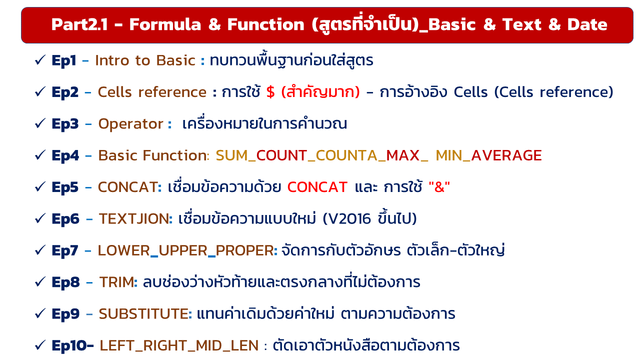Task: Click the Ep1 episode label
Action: pyautogui.click(x=63, y=61)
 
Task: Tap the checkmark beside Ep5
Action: pyautogui.click(x=40, y=186)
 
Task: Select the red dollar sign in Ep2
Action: pyautogui.click(x=270, y=92)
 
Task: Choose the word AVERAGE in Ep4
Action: pyautogui.click(x=506, y=155)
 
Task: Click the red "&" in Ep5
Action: pyautogui.click(x=439, y=187)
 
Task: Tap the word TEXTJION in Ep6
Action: pyautogui.click(x=133, y=219)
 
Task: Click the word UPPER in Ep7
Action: pyautogui.click(x=182, y=250)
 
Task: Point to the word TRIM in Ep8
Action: pyautogui.click(x=116, y=282)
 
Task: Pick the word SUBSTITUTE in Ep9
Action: pyautogui.click(x=143, y=314)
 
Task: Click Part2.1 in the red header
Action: pyautogui.click(x=79, y=24)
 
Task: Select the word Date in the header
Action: pyautogui.click(x=587, y=24)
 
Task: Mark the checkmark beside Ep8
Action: pyautogui.click(x=40, y=281)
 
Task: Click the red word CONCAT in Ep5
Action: pyautogui.click(x=317, y=187)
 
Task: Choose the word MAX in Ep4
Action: pyautogui.click(x=403, y=155)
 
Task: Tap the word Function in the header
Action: pyautogui.click(x=265, y=24)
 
